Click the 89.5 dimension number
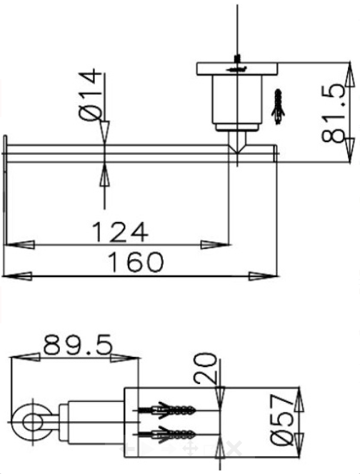[77, 346]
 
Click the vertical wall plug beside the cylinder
[279, 104]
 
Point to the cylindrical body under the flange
[235, 100]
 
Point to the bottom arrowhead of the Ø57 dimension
[300, 443]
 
